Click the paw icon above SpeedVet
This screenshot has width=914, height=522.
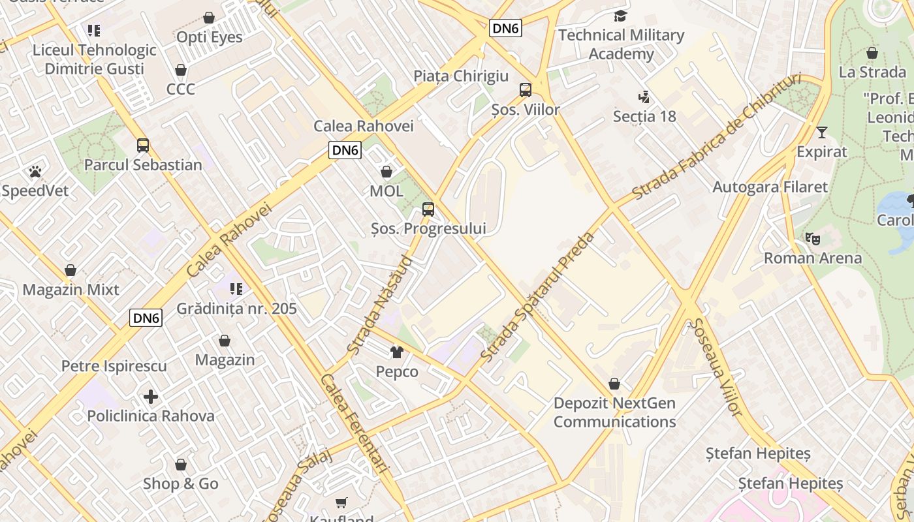click(35, 172)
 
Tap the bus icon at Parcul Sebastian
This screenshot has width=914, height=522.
click(143, 146)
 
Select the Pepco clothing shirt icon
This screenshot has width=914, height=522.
click(397, 352)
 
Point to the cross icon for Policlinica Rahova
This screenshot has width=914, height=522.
click(151, 397)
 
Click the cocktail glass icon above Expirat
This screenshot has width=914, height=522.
click(821, 132)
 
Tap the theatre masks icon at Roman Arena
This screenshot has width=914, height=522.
click(813, 239)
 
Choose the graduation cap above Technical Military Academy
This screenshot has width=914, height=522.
click(620, 16)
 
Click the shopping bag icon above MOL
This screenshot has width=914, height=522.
click(386, 172)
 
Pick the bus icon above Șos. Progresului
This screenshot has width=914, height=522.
click(428, 209)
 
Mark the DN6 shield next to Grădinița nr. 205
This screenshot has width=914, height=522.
click(146, 318)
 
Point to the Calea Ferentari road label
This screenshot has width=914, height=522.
click(355, 423)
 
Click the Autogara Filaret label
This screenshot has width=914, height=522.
click(770, 187)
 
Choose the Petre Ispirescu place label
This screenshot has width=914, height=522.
click(114, 366)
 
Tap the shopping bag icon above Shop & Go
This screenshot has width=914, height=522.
click(181, 465)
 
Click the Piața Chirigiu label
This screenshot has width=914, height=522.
click(461, 76)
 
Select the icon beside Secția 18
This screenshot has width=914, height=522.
click(644, 97)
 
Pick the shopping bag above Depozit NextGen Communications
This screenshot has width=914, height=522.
click(614, 384)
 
